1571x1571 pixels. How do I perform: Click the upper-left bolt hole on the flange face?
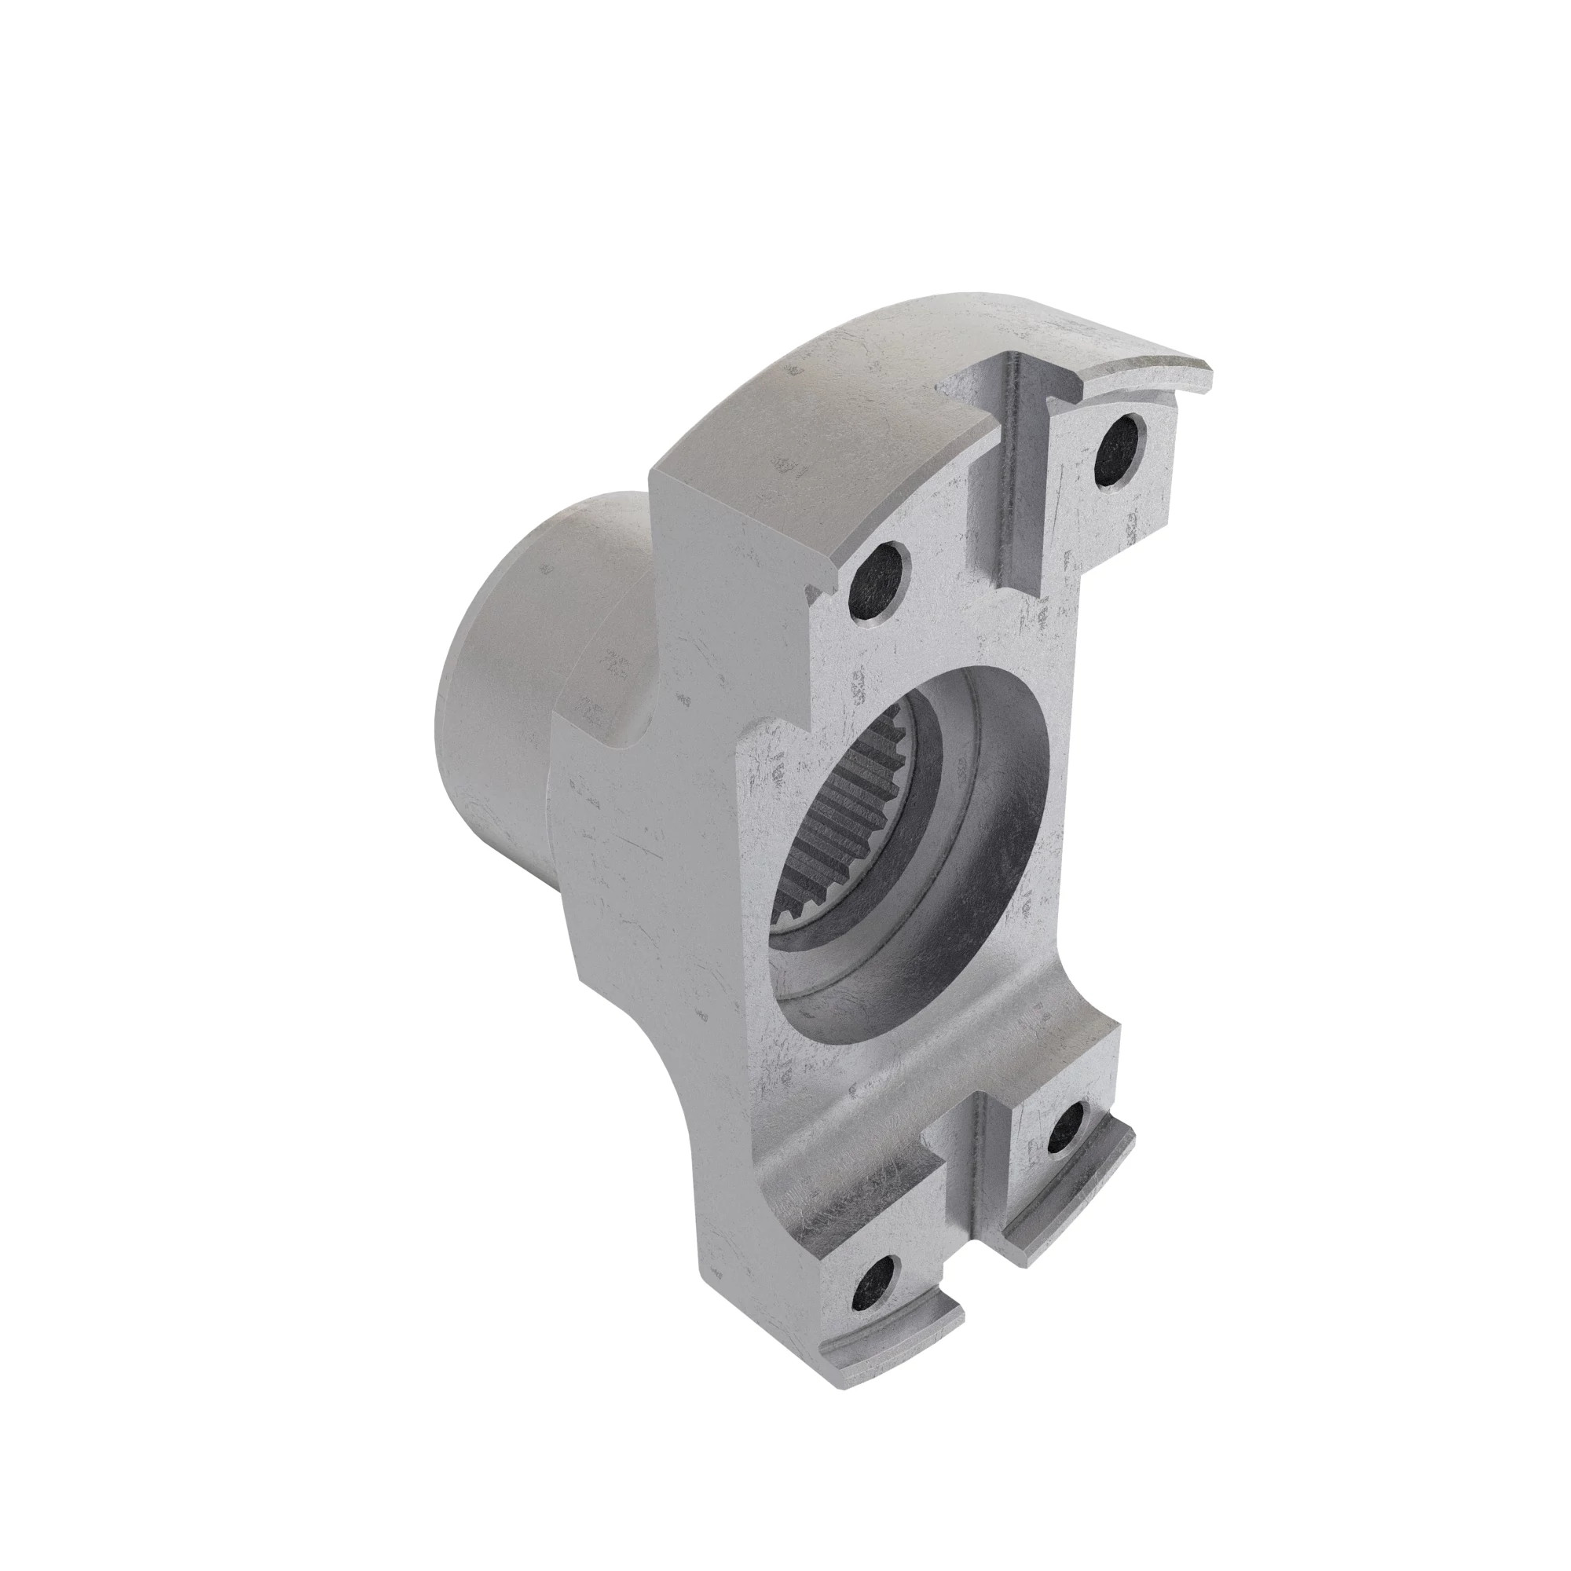877,580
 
